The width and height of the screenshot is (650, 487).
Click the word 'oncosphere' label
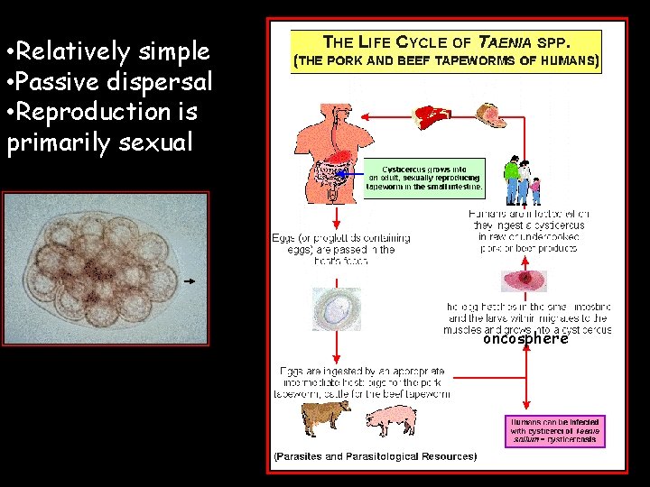[x=525, y=339]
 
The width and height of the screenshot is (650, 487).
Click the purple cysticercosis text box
[x=554, y=431]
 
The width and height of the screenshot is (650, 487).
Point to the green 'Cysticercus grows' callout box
[x=425, y=179]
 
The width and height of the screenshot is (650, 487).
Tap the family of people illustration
[x=523, y=181]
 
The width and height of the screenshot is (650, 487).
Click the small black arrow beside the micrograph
[x=190, y=282]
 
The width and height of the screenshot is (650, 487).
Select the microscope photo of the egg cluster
[x=106, y=269]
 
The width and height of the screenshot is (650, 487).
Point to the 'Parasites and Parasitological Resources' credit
[x=375, y=456]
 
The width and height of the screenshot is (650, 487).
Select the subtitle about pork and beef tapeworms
[x=446, y=62]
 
